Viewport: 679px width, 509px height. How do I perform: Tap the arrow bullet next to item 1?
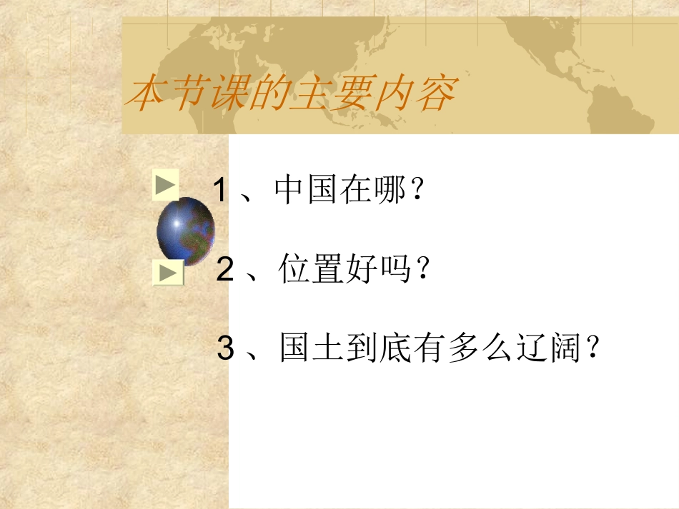[165, 186]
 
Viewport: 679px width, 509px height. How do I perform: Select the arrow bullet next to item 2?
[168, 273]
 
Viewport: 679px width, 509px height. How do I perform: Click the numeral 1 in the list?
[221, 191]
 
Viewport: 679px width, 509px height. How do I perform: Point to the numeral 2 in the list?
[225, 271]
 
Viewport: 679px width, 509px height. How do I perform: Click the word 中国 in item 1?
[307, 191]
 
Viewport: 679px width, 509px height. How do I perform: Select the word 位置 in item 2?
[312, 271]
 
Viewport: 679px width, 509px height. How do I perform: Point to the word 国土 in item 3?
[312, 350]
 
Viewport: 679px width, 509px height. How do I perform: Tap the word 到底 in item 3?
[396, 350]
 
